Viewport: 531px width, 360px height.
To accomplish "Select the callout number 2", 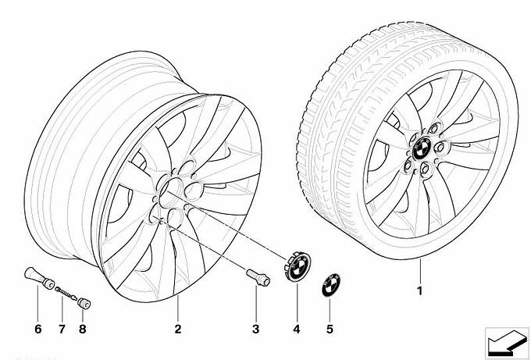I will [x=177, y=329].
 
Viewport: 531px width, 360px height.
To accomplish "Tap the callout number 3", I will [x=255, y=329].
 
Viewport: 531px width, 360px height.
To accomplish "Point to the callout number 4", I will [x=296, y=329].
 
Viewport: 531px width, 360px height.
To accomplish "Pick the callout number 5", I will [x=330, y=329].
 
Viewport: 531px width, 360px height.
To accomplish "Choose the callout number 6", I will [x=37, y=329].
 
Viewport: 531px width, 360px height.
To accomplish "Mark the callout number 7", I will [x=61, y=329].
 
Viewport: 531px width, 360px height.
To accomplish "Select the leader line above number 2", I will [x=177, y=309].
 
